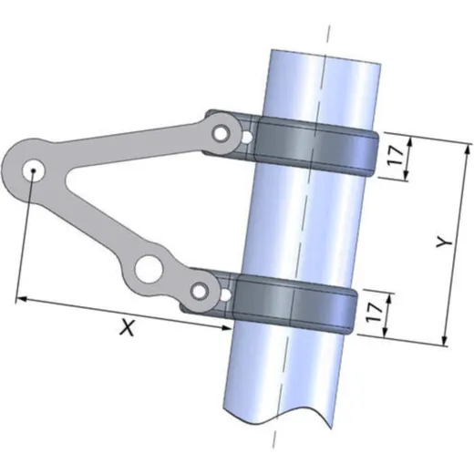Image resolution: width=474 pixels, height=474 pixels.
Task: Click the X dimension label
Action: coord(128,327)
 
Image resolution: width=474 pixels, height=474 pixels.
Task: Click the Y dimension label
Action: coord(444,242)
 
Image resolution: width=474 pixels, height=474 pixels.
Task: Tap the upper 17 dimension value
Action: coord(396,155)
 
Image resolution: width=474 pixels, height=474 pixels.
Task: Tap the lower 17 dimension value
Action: coord(374,313)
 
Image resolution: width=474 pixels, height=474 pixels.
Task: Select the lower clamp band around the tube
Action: coord(294,304)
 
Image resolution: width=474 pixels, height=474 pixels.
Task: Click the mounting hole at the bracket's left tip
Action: coord(34,170)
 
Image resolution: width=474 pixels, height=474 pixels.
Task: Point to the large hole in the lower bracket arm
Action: coord(149,270)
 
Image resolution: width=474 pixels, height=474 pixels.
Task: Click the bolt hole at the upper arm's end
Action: coord(221,133)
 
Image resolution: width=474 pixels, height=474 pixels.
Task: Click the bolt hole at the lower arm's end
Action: coord(200,292)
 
